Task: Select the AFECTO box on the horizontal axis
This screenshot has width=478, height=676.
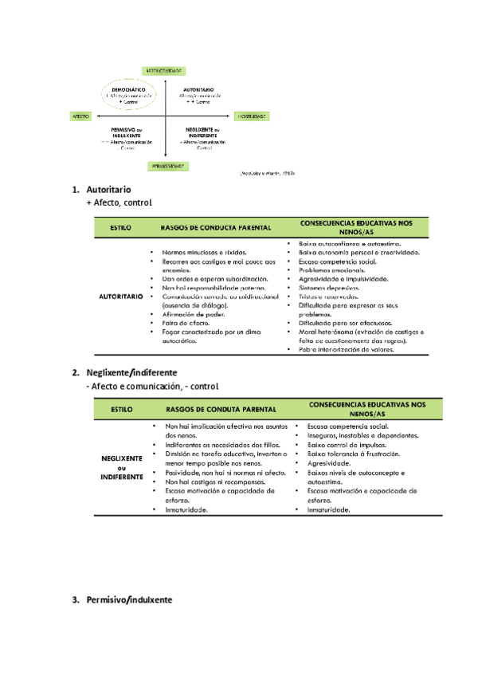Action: (80, 116)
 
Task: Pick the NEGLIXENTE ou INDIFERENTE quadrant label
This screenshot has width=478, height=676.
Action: (204, 132)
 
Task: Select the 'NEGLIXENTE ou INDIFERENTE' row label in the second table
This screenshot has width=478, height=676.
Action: (122, 468)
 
